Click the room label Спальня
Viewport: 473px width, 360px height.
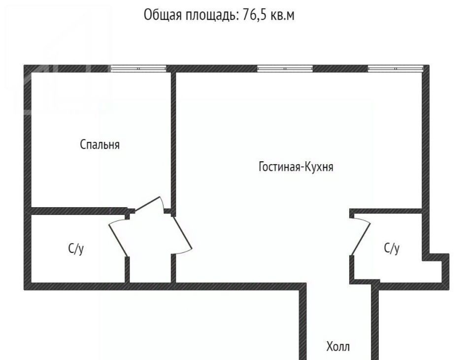point(100,144)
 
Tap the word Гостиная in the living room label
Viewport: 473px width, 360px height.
point(279,166)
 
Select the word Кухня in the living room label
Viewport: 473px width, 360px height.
point(318,166)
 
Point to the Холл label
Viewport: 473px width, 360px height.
point(338,346)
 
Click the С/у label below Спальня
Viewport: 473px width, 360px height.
point(76,249)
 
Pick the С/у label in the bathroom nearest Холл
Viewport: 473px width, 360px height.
point(392,248)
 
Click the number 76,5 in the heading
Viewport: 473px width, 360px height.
point(254,15)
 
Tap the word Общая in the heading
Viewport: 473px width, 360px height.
point(163,15)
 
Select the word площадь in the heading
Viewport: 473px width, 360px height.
point(212,15)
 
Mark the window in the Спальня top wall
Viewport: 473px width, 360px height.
point(138,69)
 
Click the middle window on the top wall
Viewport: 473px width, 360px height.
point(285,69)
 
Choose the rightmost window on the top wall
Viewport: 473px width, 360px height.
point(396,69)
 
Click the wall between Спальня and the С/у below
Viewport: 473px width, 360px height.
point(79,211)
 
